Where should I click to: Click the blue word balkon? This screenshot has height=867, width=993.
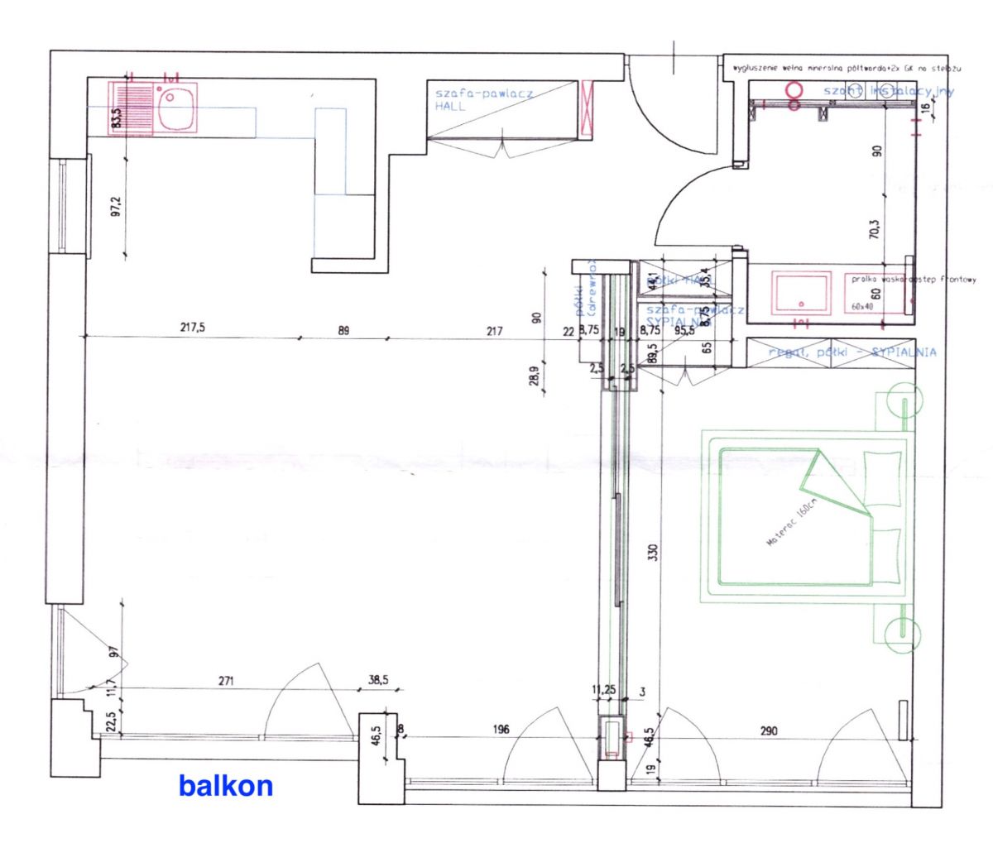(225, 785)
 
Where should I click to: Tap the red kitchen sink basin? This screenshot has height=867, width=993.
(177, 110)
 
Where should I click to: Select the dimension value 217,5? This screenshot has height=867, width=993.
(192, 328)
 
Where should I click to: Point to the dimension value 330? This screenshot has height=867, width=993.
(654, 552)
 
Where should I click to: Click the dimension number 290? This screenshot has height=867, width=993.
(769, 730)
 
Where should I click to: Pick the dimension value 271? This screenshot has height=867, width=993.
(227, 682)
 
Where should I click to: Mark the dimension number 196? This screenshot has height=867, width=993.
(500, 730)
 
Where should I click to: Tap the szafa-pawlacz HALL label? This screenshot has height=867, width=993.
(483, 99)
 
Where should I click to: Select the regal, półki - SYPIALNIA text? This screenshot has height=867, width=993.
(852, 352)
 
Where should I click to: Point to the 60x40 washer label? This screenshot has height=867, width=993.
(861, 306)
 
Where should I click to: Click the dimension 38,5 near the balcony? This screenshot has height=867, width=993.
(377, 682)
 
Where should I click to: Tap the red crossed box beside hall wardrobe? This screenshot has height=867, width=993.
(588, 108)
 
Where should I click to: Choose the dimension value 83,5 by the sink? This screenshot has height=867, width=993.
(116, 118)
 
